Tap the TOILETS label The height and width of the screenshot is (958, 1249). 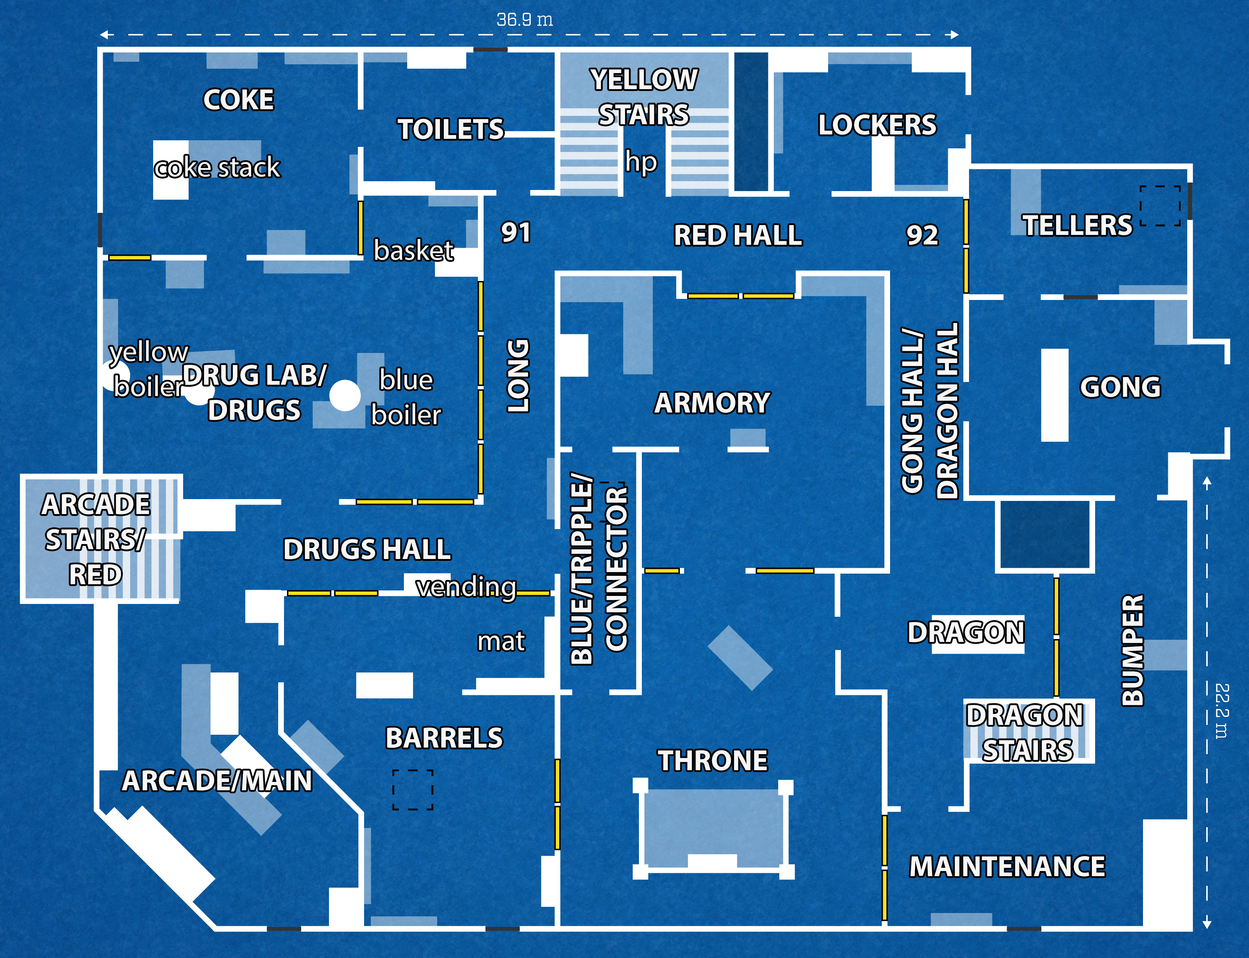coord(451,129)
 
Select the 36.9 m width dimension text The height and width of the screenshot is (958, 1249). coord(524,20)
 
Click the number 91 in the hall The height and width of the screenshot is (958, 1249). coord(515,233)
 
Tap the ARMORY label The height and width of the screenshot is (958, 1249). coord(712,403)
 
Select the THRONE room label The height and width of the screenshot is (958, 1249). coord(713,761)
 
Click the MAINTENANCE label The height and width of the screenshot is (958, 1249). coord(1007,867)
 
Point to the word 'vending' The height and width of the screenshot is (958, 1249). coord(466,587)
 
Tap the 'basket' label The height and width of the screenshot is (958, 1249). coord(413,250)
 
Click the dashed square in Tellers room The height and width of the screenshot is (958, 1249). coord(1160,206)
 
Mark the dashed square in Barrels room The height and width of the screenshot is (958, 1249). coord(412,790)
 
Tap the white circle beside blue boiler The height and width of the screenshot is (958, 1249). coord(345,395)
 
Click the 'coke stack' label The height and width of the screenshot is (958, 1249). coord(217,168)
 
